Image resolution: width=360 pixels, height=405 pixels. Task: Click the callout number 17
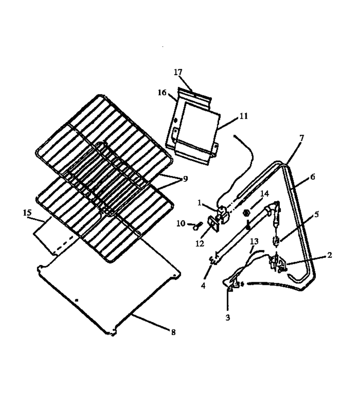(178, 72)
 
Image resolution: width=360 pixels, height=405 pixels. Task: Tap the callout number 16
(162, 92)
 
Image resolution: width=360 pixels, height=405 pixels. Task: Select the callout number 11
(243, 116)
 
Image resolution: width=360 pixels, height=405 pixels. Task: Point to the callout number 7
(301, 138)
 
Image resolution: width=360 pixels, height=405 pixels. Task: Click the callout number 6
(313, 177)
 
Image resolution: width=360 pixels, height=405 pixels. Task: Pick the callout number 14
(265, 193)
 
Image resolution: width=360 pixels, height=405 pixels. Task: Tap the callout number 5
(316, 214)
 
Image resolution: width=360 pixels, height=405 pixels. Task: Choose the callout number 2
(329, 255)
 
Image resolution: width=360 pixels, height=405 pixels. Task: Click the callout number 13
(254, 242)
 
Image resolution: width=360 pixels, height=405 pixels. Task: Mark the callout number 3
(228, 317)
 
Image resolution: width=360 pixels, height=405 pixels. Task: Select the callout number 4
(203, 285)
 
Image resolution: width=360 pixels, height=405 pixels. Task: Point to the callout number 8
(173, 332)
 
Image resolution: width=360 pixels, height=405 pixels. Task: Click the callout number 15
(27, 213)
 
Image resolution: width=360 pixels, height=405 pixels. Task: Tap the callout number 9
(185, 179)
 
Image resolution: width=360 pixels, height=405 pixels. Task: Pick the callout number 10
(181, 223)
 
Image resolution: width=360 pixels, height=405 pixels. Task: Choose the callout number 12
(200, 243)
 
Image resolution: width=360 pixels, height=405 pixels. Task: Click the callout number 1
(199, 203)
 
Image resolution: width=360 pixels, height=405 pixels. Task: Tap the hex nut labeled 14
(246, 213)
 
